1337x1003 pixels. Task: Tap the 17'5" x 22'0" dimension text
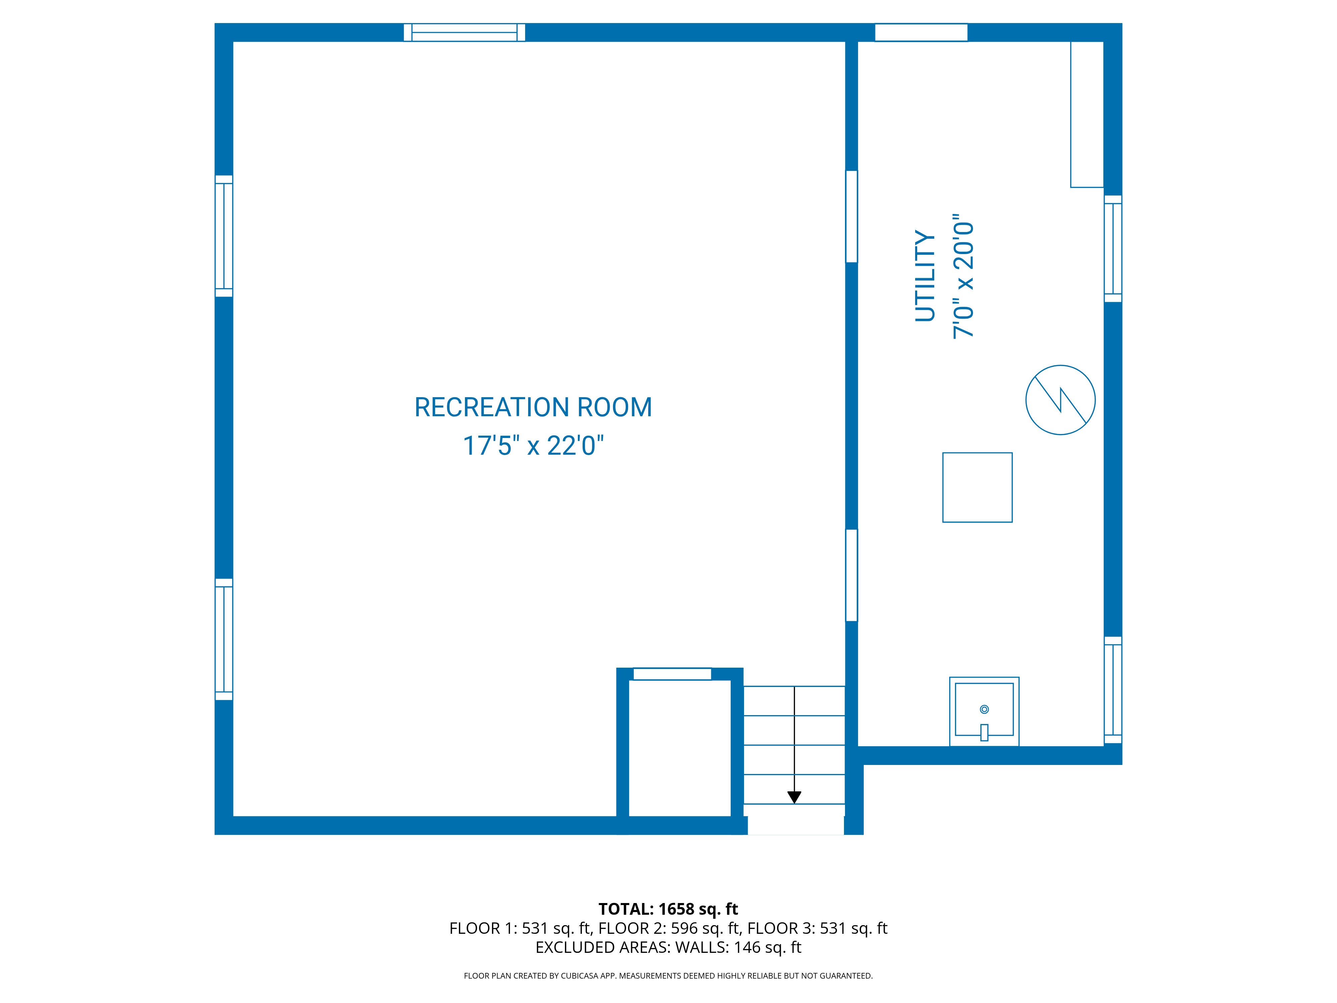pos(533,446)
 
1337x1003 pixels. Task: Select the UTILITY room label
pos(925,276)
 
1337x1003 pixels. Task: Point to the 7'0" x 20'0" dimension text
pos(963,276)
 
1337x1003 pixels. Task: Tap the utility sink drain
pos(984,709)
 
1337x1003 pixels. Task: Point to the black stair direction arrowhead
pos(794,797)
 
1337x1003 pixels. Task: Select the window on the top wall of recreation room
pos(464,33)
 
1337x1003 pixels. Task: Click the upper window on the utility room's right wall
pos(1113,248)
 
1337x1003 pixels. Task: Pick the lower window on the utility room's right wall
pos(1113,690)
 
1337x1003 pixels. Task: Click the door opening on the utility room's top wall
pos(921,33)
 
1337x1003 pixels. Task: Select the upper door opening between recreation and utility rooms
pos(851,216)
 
